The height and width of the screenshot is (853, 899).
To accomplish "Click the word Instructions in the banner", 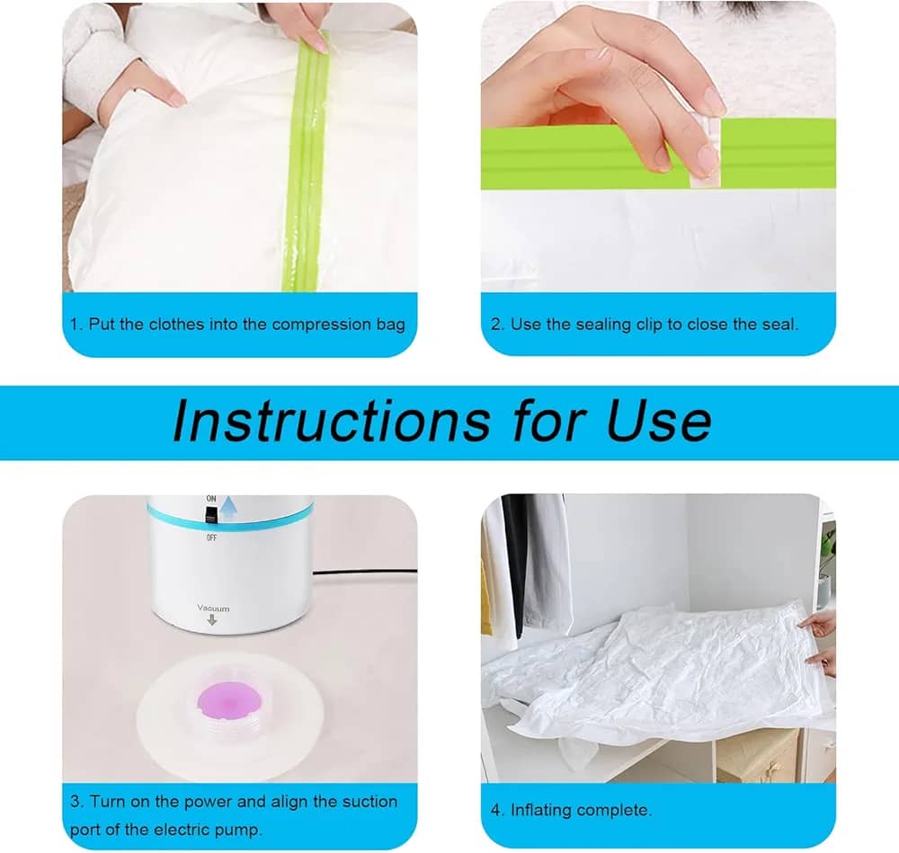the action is click(332, 422).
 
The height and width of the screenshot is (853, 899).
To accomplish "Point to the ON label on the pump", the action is click(211, 499).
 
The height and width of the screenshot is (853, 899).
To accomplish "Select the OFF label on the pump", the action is click(211, 538).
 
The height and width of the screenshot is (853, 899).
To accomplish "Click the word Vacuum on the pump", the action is click(213, 608).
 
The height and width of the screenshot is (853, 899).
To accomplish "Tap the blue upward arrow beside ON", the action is click(228, 507).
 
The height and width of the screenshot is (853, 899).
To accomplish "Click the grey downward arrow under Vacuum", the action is click(212, 619).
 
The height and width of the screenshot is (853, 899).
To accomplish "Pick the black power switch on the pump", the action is click(211, 519).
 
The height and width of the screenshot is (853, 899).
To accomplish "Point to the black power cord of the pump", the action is click(365, 572).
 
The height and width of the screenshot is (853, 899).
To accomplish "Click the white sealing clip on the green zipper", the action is click(706, 152).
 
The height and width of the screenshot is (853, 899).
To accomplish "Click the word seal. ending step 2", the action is click(780, 324).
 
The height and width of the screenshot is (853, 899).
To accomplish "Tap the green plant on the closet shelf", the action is click(827, 549).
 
